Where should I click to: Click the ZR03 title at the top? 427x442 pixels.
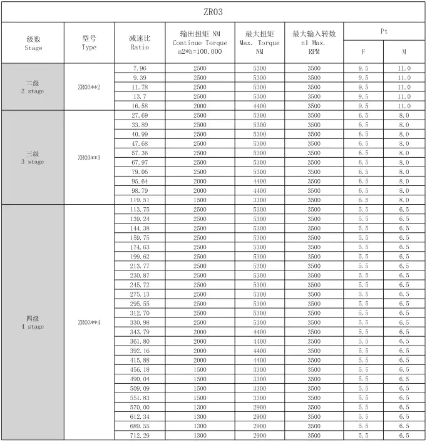click(213, 12)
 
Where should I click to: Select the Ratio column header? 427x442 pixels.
click(140, 43)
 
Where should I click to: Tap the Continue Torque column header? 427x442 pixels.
click(199, 43)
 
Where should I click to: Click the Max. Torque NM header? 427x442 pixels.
click(259, 43)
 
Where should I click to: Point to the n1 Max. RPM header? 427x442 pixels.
click(314, 43)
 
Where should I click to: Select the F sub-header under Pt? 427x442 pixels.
click(363, 53)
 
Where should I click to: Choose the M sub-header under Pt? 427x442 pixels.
click(404, 53)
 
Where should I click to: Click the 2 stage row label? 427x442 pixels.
click(33, 87)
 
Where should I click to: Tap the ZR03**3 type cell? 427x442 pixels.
click(89, 158)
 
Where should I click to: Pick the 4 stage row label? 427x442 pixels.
click(33, 322)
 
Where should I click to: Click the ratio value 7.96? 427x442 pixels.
click(140, 68)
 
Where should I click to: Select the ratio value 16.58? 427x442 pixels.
click(140, 106)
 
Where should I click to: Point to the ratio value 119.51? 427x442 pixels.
click(140, 200)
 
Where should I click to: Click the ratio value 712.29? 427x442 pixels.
click(140, 435)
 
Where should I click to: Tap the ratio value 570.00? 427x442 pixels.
click(140, 407)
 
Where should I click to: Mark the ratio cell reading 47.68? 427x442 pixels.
click(140, 143)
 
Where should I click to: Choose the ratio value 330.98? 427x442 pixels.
click(140, 322)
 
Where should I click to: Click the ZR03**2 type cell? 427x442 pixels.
click(89, 87)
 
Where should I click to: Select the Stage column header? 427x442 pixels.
click(34, 43)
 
